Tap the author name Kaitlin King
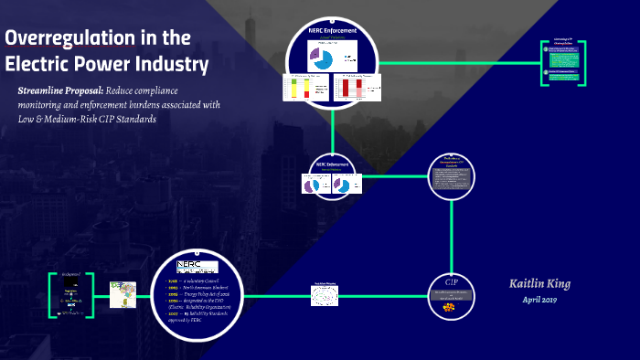tap(539, 284)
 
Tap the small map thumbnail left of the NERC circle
tap(123, 294)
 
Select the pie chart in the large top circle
tap(321, 59)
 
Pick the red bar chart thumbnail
tap(352, 88)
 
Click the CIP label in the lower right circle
tap(451, 279)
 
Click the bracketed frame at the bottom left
tap(72, 294)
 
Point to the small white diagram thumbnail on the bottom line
tap(325, 294)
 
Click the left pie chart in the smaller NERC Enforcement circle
tap(312, 184)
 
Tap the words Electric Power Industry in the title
tap(106, 65)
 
